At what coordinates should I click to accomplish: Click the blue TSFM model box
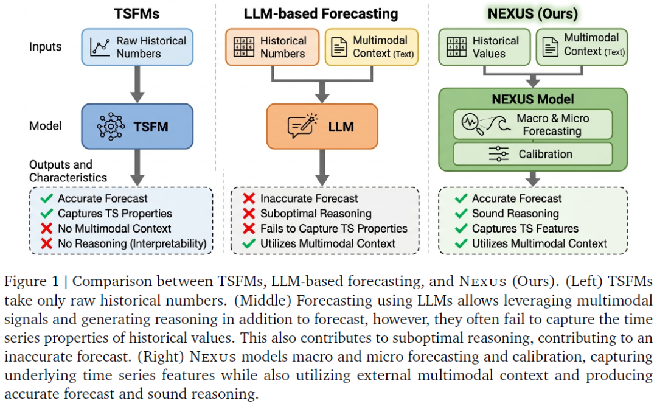coord(137,126)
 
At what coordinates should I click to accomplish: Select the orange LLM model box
coord(322,126)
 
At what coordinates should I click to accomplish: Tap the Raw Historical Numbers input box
coord(137,47)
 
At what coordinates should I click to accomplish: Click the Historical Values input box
coord(484,47)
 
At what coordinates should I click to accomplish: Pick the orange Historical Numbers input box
coord(273,47)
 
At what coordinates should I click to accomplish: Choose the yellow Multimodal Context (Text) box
coord(372,47)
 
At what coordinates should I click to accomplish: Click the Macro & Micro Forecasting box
coord(533,125)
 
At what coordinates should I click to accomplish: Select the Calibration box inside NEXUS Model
coord(533,154)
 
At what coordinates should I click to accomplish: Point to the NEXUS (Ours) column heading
coord(533,14)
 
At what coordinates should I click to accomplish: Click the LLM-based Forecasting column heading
coord(321,14)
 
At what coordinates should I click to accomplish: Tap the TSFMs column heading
coord(137,14)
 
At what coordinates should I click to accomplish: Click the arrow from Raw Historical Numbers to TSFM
coord(137,84)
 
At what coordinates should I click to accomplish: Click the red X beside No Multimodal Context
coord(46,229)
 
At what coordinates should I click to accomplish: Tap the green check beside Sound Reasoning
coord(461,214)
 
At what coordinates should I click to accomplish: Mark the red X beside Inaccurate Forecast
coord(249,198)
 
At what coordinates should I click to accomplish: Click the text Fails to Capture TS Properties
coord(334,229)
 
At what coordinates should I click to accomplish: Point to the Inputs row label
coord(45,46)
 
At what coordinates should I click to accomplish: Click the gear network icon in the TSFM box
coord(111,126)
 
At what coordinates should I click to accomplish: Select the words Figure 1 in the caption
coord(32,281)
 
